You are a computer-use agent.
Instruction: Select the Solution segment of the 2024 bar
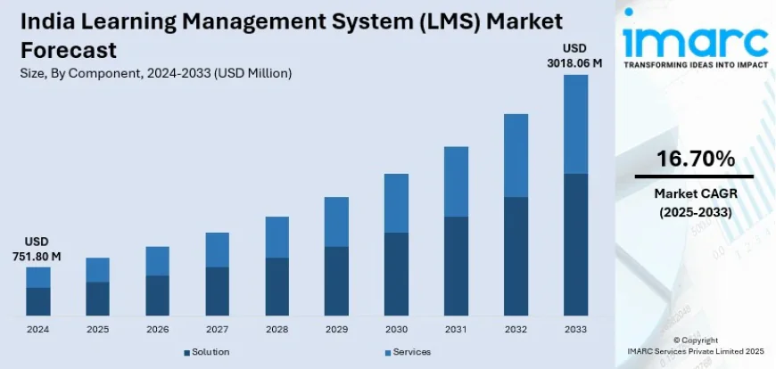coord(38,301)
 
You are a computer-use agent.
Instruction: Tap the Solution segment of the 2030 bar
coord(395,274)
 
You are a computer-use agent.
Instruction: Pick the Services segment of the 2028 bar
coord(277,237)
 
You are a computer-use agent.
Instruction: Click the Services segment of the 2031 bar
coord(455,182)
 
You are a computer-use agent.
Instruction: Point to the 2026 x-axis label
coord(157,329)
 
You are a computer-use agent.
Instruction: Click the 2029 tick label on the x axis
coord(335,329)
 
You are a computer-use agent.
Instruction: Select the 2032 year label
coord(515,329)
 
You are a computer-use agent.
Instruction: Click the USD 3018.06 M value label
coord(574,55)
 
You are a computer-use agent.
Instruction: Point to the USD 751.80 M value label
coord(37,250)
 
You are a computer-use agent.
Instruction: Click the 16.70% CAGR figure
coord(695,160)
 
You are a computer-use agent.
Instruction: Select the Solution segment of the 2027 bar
coord(217,291)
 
